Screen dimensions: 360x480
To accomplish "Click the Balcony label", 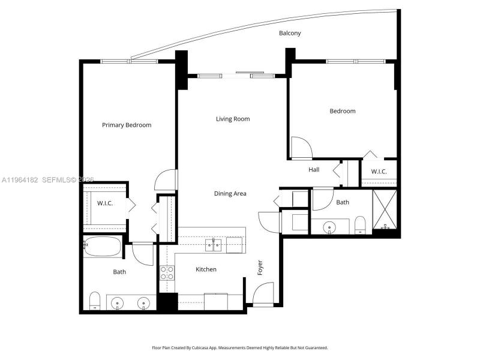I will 290,33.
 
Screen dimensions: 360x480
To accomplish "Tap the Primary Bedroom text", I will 126,125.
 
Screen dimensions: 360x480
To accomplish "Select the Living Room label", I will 233,119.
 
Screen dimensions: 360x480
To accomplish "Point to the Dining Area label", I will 230,193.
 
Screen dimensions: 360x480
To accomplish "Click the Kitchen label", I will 206,269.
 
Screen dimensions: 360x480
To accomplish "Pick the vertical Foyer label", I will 260,268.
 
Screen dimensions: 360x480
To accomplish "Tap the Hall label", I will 314,170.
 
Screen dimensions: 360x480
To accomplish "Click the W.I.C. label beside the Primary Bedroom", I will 105,203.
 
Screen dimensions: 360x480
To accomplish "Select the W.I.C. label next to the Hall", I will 379,172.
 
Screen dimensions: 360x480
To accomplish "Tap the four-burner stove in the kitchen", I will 167,273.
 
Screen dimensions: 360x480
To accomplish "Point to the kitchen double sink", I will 214,244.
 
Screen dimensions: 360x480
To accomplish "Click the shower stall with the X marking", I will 385,210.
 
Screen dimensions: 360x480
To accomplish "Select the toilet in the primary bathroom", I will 94,300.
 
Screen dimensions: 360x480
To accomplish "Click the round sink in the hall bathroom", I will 329,227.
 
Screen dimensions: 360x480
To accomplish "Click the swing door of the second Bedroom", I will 300,148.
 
